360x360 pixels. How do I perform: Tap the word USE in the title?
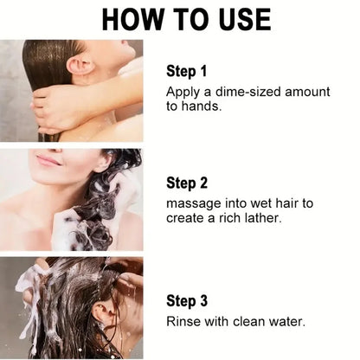237,18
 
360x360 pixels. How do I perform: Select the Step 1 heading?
188,71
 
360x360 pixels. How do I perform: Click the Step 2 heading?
188,183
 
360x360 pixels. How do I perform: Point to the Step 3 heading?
188,300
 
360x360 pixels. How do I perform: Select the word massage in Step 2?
195,202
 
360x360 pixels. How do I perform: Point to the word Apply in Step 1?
183,91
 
